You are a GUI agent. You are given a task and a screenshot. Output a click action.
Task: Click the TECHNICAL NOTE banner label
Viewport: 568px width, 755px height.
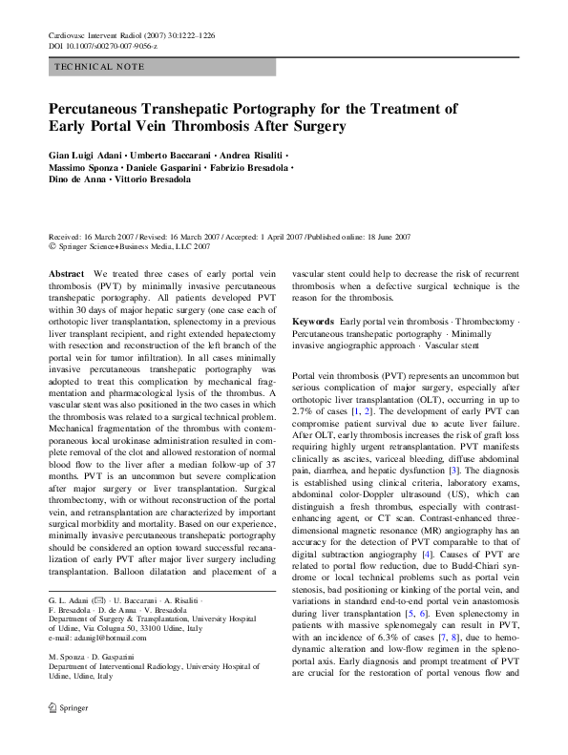pyautogui.click(x=100, y=67)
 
